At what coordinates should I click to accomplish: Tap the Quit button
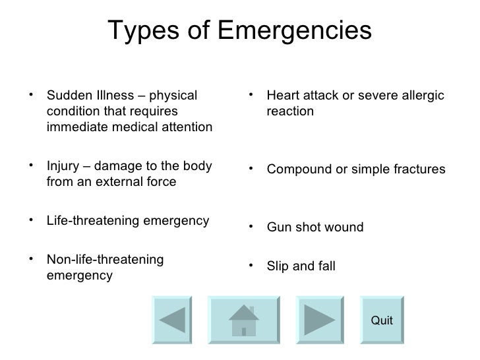382,320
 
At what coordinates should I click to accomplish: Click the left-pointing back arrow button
173,321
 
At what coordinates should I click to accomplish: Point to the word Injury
61,166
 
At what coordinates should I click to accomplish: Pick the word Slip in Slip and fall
278,267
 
